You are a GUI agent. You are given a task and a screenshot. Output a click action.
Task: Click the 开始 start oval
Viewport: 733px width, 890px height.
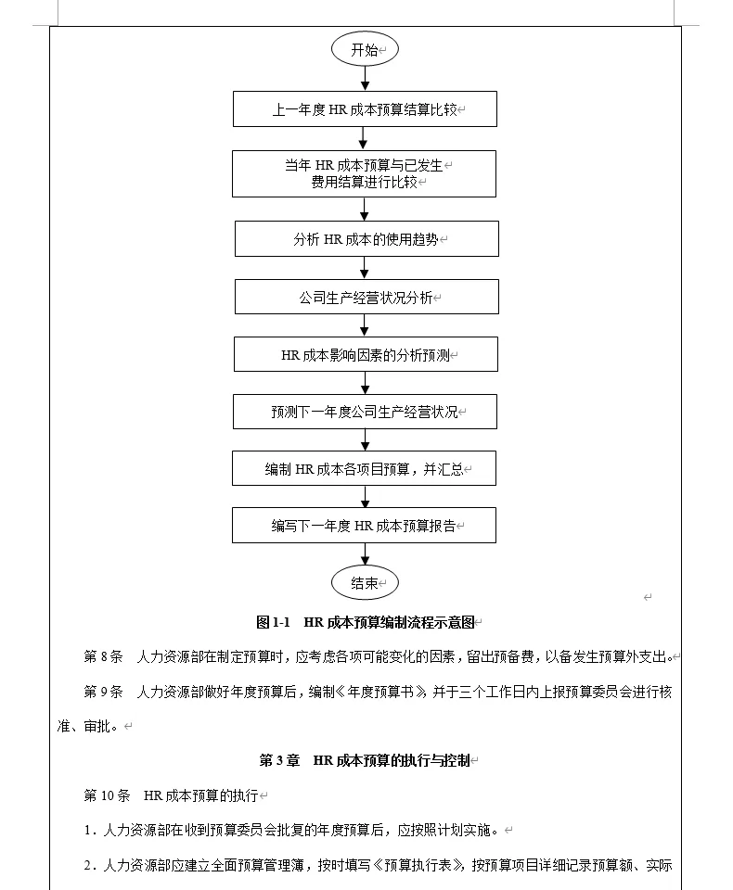[x=365, y=50]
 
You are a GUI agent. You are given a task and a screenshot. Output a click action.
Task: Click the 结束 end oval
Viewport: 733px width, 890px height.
[x=365, y=583]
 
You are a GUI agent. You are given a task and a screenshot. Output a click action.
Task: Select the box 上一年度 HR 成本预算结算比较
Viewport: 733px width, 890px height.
[x=365, y=108]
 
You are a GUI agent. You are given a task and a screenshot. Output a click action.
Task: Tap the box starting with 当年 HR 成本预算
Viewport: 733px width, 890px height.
[x=365, y=173]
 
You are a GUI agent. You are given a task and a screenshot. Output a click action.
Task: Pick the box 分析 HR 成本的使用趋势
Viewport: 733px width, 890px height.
[x=366, y=239]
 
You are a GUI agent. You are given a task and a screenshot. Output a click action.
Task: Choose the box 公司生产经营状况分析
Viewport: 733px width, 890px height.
[x=366, y=298]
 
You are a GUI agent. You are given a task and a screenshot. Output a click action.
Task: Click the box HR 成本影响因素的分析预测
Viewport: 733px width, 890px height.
[x=366, y=355]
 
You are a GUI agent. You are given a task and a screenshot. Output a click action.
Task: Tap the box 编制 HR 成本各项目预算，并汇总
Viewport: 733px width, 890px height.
[x=365, y=469]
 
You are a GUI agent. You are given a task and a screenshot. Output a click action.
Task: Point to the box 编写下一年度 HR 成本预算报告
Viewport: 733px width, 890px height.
[x=365, y=526]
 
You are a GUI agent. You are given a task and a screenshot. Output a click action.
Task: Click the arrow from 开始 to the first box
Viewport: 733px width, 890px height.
[x=364, y=79]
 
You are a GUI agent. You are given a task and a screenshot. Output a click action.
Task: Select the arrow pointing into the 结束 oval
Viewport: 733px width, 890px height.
[x=365, y=553]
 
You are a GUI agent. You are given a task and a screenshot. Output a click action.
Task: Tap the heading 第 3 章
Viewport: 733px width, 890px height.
[x=279, y=761]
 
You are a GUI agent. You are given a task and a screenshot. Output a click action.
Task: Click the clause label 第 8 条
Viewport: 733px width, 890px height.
[x=103, y=657]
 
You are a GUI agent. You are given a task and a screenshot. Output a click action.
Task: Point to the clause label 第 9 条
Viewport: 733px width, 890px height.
[x=103, y=693]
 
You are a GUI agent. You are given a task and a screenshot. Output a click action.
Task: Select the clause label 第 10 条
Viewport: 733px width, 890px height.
[x=107, y=795]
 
